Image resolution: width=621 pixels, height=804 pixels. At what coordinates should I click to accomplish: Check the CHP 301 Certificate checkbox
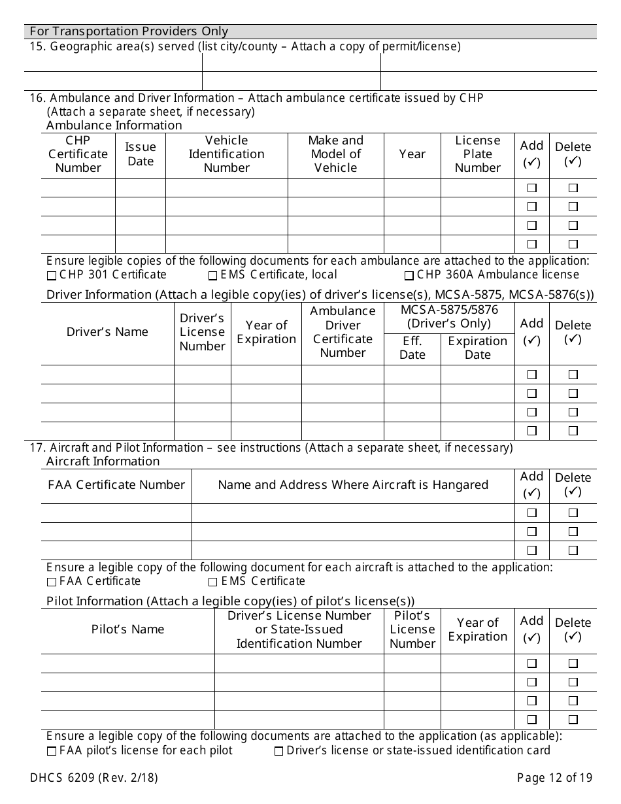tap(52, 275)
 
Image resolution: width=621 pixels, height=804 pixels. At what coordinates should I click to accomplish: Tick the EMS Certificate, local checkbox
tap(212, 275)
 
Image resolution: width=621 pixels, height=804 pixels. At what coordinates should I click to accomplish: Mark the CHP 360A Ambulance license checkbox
tap(409, 275)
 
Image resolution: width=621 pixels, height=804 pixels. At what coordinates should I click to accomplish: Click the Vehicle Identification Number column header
tap(226, 154)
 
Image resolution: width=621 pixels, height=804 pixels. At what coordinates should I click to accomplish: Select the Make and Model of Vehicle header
tap(335, 154)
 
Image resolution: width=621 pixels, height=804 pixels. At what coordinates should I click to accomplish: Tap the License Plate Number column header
tap(477, 154)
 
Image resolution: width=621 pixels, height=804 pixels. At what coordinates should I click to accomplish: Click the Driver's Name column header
tap(107, 332)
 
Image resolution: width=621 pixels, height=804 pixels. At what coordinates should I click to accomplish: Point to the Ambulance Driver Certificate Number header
tap(343, 332)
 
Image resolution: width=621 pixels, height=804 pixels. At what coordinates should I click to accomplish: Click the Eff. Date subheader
tap(412, 348)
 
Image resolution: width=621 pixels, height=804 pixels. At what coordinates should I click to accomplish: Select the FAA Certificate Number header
tap(116, 485)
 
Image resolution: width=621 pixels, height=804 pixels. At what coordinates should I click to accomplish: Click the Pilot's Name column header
tap(127, 629)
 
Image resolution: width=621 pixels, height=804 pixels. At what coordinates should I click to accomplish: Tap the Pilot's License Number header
tap(412, 629)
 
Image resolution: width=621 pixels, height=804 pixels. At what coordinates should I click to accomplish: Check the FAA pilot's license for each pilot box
tap(52, 751)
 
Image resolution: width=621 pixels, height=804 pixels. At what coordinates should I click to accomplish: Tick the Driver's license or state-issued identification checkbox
tap(278, 751)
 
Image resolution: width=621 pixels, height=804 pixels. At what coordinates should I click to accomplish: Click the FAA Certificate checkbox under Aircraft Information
tap(52, 582)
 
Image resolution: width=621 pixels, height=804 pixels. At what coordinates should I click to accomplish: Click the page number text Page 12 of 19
tap(554, 778)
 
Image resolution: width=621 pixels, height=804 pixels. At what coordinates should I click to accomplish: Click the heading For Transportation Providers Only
tap(129, 31)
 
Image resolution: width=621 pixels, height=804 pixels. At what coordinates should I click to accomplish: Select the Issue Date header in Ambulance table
tap(141, 154)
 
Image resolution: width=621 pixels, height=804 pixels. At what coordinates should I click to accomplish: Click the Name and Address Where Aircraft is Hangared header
tap(353, 485)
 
